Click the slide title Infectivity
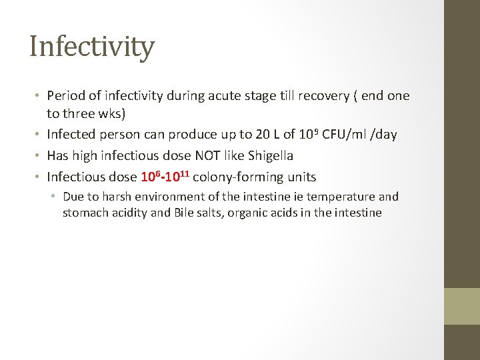click(92, 47)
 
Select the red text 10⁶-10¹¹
click(165, 177)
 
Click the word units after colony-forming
click(298, 177)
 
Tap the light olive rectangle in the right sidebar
click(462, 306)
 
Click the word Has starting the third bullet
click(57, 156)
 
